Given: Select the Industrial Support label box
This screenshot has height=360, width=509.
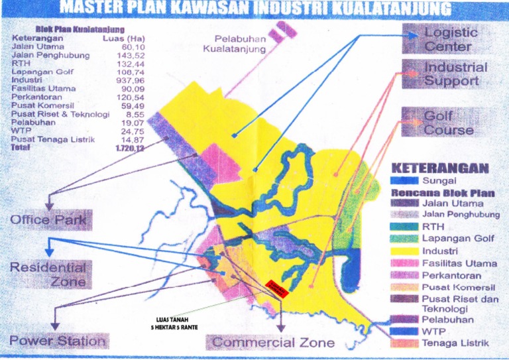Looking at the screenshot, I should pos(447,74).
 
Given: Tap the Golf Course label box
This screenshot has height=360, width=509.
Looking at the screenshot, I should pos(447,123).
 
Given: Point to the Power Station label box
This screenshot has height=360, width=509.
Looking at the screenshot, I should pos(58,341).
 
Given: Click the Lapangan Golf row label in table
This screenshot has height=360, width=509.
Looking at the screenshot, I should pos(42,72).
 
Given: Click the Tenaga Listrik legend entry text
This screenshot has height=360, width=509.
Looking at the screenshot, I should pos(455,343).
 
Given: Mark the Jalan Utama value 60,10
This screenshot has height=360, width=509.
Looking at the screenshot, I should pos(133,47).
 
